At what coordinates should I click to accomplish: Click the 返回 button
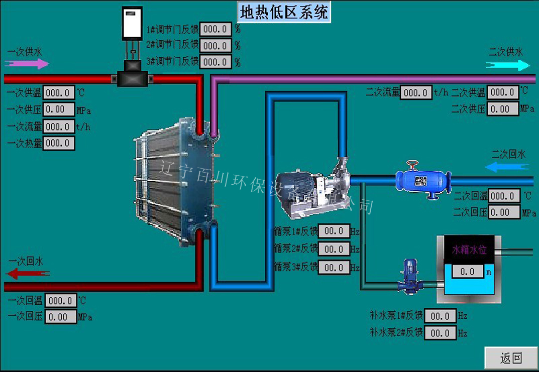tap(511, 358)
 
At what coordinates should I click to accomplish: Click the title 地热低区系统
tap(284, 12)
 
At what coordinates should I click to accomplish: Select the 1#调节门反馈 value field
tap(215, 29)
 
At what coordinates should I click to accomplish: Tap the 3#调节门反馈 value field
tap(215, 62)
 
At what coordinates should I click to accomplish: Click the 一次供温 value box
tap(59, 93)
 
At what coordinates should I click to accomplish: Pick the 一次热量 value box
tap(59, 143)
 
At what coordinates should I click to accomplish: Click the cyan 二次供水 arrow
tap(507, 65)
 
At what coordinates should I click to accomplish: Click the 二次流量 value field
tap(416, 92)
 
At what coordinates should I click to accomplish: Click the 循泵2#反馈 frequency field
tap(334, 249)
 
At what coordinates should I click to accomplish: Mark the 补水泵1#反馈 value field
tap(440, 316)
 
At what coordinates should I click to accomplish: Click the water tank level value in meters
tap(467, 272)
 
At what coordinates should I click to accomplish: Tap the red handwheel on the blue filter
tap(412, 164)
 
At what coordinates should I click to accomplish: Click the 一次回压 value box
tap(60, 317)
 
